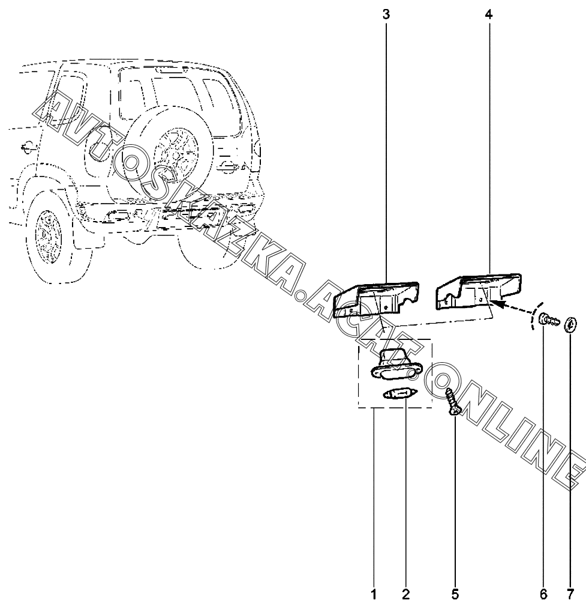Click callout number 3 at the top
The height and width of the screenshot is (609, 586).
(386, 15)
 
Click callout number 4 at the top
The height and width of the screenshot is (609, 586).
(489, 15)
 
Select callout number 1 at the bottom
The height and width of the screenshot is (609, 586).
(374, 594)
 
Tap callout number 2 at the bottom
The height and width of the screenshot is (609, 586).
(405, 594)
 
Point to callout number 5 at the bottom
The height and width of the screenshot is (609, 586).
(455, 594)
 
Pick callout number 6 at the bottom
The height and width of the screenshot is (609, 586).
(543, 594)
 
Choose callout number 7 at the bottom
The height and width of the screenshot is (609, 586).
(570, 594)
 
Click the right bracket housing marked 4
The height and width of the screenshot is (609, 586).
(479, 291)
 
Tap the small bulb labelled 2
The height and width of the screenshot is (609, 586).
(395, 395)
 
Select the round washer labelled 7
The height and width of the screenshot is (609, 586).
(570, 324)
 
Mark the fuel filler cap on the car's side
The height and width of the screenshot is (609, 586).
(28, 147)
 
